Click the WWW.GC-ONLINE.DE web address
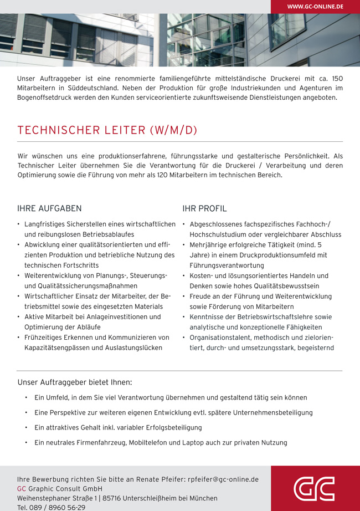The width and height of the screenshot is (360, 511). [315, 7]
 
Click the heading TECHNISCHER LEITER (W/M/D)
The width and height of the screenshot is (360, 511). [107, 130]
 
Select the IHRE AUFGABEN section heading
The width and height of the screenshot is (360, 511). [49, 209]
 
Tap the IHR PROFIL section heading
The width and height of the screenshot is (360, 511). [204, 209]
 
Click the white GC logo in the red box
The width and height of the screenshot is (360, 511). [314, 489]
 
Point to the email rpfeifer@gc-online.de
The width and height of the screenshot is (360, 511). [223, 479]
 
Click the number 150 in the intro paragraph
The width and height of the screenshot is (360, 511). [337, 79]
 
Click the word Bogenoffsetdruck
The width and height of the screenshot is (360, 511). [43, 98]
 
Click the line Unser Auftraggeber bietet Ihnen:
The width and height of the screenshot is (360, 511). [75, 382]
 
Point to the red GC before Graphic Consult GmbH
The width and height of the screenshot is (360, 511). [22, 488]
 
